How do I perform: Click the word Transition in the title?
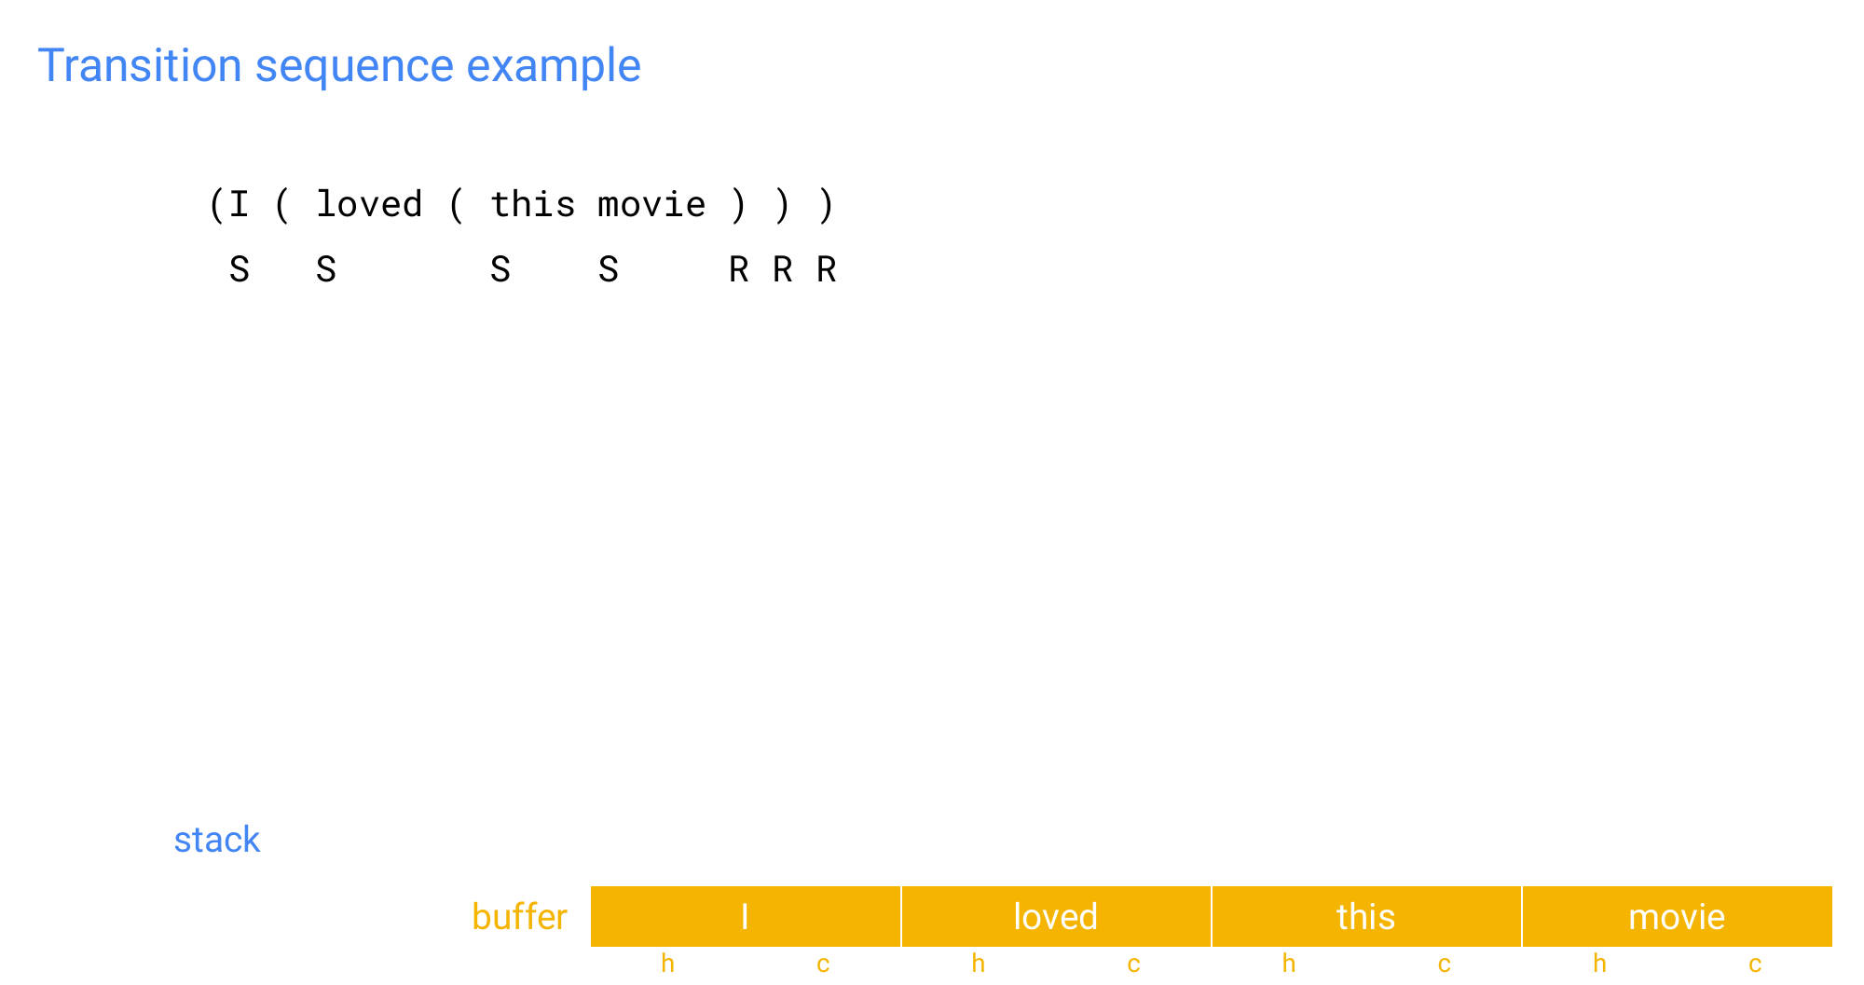140,66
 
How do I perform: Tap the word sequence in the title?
354,68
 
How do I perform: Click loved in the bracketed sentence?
369,203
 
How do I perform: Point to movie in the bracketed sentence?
651,204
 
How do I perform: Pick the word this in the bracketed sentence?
533,203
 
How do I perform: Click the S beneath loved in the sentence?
326,269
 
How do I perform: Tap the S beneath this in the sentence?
500,269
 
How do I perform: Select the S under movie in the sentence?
609,269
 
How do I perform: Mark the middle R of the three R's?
783,269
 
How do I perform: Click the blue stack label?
217,840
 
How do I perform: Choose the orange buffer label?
519,917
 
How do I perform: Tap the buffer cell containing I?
746,916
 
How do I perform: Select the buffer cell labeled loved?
1056,916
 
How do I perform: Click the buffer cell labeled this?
1366,916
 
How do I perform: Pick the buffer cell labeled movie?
1678,916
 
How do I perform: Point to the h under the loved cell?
979,964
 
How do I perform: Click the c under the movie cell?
1755,964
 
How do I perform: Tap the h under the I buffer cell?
667,964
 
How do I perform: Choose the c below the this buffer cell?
1444,964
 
